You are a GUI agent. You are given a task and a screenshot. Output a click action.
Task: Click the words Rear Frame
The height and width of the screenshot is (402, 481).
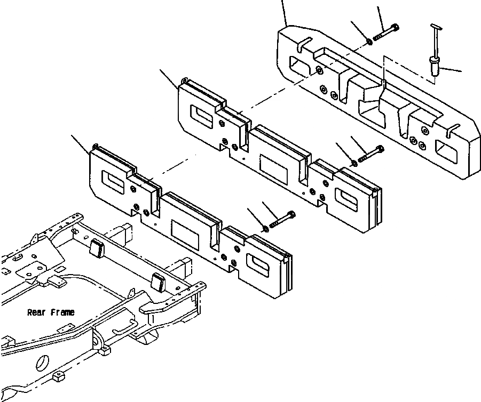tap(51, 312)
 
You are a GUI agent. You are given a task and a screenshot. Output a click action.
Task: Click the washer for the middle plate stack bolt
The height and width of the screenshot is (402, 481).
tap(354, 162)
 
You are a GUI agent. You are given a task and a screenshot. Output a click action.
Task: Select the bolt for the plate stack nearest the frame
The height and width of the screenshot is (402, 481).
tap(282, 220)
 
